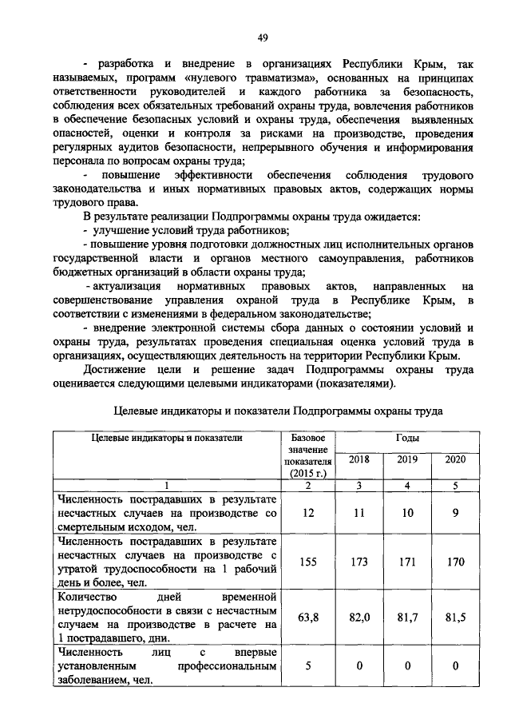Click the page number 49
click(263, 37)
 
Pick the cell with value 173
click(359, 562)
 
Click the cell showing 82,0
click(359, 617)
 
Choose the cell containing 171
click(407, 562)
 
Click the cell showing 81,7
click(407, 617)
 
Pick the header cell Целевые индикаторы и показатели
click(166, 438)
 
